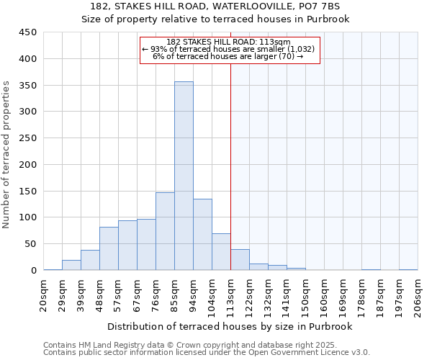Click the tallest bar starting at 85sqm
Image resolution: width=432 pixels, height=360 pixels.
click(184, 176)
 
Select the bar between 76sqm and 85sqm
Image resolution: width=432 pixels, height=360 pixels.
click(165, 231)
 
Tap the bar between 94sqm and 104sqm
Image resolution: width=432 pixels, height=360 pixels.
click(202, 235)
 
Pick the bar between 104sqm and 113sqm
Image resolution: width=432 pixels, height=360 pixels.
click(221, 252)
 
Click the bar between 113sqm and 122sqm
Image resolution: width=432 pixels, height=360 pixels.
click(240, 260)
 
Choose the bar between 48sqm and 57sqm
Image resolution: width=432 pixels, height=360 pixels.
click(109, 248)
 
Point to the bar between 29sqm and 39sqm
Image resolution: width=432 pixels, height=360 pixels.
click(71, 265)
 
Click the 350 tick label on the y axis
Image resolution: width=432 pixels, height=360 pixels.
click(27, 86)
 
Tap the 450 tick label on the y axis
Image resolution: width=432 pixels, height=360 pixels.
click(27, 32)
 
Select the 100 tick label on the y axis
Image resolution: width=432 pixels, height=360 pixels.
click(27, 217)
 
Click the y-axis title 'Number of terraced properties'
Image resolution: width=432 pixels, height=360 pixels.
click(7, 154)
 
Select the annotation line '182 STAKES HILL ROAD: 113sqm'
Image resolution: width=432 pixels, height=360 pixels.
click(228, 42)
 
